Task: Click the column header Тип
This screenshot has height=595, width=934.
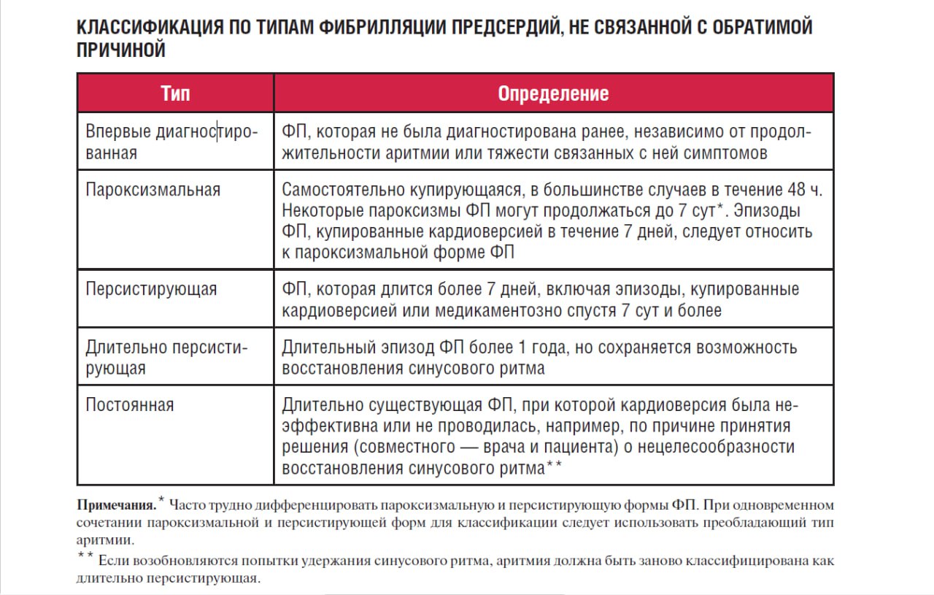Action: click(175, 93)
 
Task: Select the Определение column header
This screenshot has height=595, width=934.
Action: click(553, 93)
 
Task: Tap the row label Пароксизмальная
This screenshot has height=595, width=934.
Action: click(153, 190)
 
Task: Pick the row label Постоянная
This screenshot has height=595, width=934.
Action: click(130, 404)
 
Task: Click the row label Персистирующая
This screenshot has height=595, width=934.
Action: click(151, 288)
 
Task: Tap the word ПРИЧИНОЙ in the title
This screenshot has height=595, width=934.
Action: click(120, 50)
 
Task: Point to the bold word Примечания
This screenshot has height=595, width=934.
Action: click(115, 504)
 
